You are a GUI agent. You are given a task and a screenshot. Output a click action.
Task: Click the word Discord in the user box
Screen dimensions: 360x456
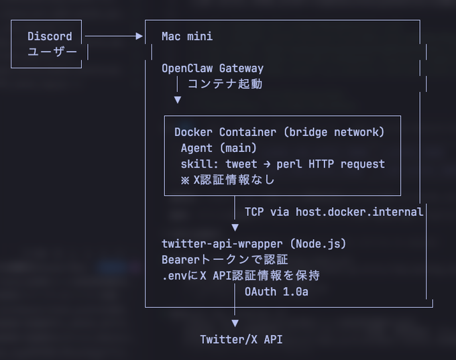click(x=50, y=36)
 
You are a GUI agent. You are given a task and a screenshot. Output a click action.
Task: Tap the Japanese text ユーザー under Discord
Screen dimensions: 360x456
click(x=52, y=52)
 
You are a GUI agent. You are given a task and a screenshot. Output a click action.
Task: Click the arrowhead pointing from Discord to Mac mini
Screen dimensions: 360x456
click(x=139, y=36)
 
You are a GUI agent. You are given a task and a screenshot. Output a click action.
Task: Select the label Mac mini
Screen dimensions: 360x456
click(x=187, y=36)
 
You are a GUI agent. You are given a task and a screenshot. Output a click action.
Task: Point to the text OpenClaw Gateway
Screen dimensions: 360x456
click(x=213, y=68)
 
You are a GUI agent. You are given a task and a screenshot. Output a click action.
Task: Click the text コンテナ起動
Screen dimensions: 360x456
click(x=225, y=84)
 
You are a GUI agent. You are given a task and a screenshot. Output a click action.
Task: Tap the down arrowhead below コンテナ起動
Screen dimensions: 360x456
click(x=178, y=100)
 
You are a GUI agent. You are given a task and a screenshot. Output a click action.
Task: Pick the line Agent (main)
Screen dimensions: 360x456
click(x=219, y=148)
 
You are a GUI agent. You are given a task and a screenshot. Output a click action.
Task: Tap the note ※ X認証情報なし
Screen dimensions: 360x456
click(x=228, y=180)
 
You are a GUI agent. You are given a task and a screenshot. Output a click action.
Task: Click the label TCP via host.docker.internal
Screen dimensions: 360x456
click(x=334, y=212)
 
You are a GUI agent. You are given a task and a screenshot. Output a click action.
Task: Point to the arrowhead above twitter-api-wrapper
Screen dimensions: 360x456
click(x=235, y=227)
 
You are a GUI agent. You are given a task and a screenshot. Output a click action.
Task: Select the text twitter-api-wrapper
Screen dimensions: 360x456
click(x=222, y=244)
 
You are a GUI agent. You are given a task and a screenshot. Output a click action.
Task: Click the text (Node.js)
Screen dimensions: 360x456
click(x=318, y=244)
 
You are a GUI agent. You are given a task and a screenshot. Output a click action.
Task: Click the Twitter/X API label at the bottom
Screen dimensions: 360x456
click(x=241, y=339)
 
